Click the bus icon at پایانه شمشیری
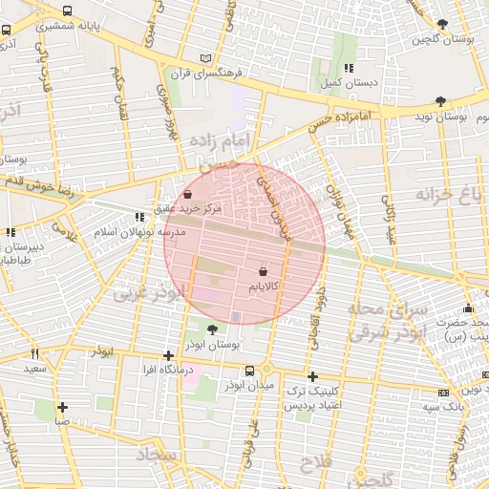(66, 11)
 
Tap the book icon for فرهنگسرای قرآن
(206, 58)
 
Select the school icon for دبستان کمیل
(349, 68)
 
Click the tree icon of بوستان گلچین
(441, 24)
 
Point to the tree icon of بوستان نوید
(439, 100)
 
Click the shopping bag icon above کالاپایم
(263, 269)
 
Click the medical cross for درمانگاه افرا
(169, 355)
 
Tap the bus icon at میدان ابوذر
(249, 371)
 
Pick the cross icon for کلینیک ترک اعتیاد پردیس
(312, 376)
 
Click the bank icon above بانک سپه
(443, 393)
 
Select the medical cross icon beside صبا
(61, 406)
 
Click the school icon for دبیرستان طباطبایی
(11, 231)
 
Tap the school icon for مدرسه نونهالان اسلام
(141, 218)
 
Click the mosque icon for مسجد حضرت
(468, 308)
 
